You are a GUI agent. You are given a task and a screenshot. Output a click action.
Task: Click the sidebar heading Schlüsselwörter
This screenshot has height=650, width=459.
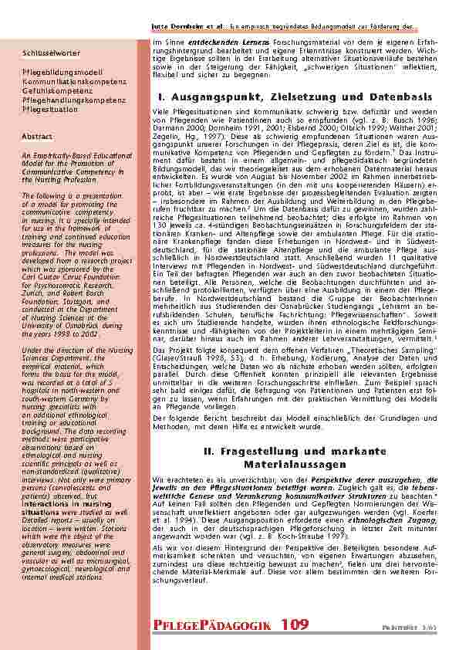(x=52, y=53)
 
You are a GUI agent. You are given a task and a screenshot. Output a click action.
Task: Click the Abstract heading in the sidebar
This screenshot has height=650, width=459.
(x=37, y=134)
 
